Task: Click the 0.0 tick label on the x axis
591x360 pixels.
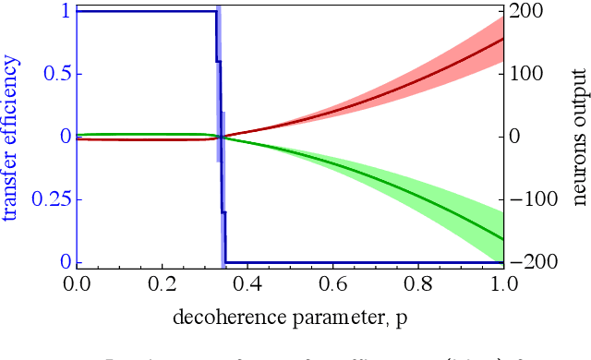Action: click(x=77, y=283)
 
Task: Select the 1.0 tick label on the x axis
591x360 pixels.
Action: click(x=502, y=283)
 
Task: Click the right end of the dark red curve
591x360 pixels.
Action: click(x=502, y=39)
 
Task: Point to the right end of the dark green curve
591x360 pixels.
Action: click(x=502, y=239)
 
